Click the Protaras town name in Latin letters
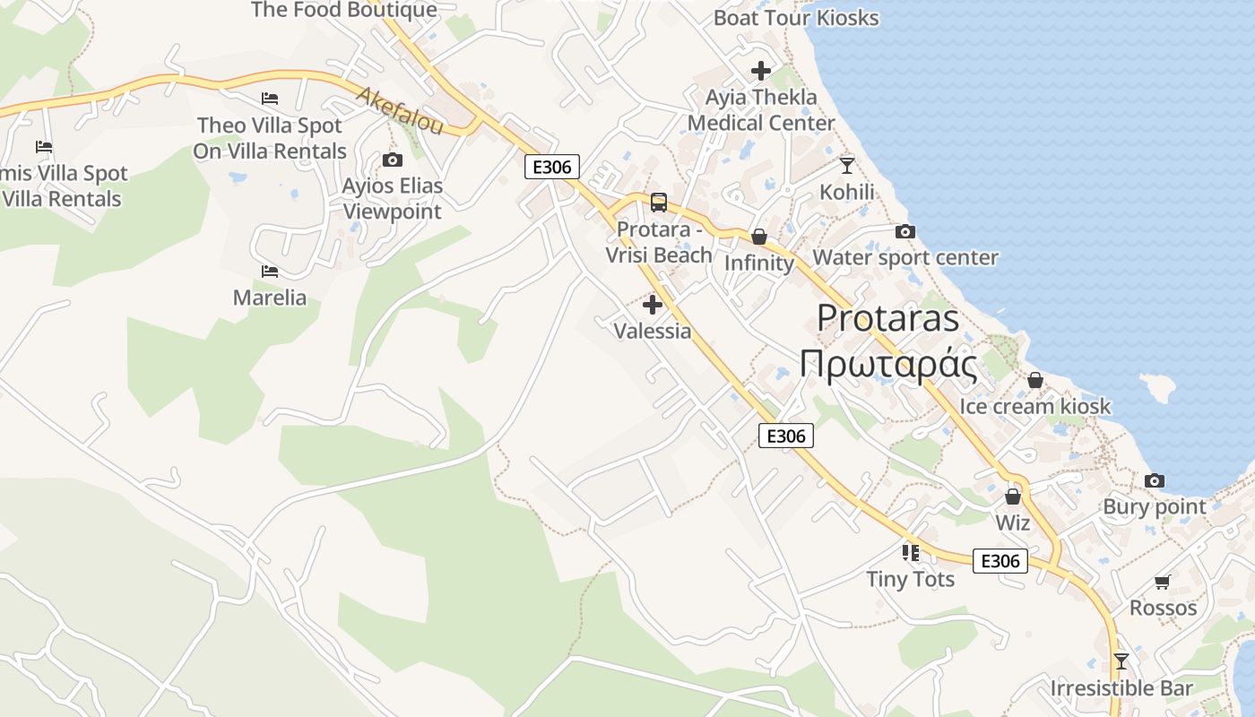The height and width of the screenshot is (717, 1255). click(x=888, y=318)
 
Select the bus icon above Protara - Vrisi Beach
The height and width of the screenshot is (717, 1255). click(x=659, y=203)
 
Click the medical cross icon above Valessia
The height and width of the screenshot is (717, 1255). click(x=653, y=305)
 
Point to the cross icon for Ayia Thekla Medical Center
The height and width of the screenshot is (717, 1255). click(x=761, y=70)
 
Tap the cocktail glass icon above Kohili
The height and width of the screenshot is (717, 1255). click(x=847, y=166)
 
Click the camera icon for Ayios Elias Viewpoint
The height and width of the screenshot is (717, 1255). click(x=393, y=160)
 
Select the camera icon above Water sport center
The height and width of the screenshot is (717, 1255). click(x=905, y=232)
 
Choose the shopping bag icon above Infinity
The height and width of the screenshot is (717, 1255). click(x=759, y=237)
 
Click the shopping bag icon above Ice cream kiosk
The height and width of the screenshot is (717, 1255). click(x=1035, y=380)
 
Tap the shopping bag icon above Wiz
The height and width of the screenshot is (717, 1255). click(x=1013, y=496)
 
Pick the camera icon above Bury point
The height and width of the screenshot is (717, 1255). click(x=1155, y=481)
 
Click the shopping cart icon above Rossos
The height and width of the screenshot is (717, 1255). click(x=1163, y=582)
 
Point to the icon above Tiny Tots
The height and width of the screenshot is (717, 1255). click(x=911, y=553)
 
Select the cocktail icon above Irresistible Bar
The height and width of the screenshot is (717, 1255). click(x=1121, y=661)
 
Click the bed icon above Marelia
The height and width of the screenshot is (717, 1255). click(x=270, y=271)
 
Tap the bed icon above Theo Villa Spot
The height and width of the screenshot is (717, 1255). click(x=270, y=98)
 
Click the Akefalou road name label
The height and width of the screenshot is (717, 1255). click(x=400, y=111)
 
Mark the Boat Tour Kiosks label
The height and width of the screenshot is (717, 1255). click(x=796, y=17)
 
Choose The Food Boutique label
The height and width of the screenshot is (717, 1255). click(x=344, y=10)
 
